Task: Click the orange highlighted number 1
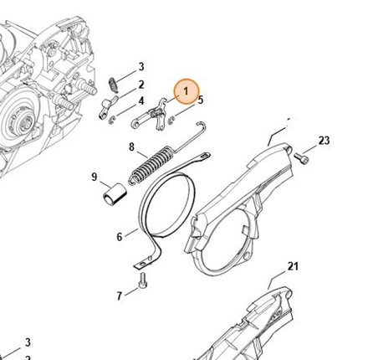tap(186, 91)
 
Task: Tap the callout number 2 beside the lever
tap(141, 85)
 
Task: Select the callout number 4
tap(141, 101)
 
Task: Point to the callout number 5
tap(201, 100)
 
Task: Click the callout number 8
tap(131, 147)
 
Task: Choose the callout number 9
tap(95, 177)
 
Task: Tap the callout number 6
tap(120, 237)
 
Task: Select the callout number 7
tap(120, 296)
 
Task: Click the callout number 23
tap(324, 141)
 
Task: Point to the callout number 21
tap(293, 266)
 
